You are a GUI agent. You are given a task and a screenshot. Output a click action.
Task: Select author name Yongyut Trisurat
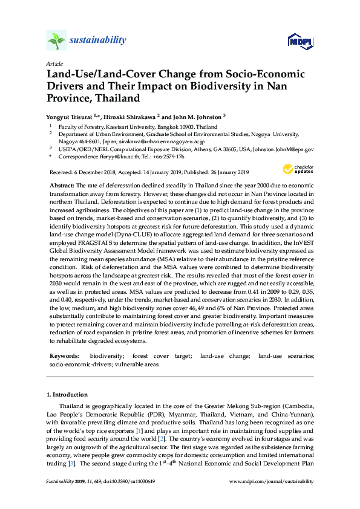tap(71, 116)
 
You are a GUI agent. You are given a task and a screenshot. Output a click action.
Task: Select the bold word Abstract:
tap(62, 183)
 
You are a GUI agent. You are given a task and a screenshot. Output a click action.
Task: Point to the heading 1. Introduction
tap(68, 394)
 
